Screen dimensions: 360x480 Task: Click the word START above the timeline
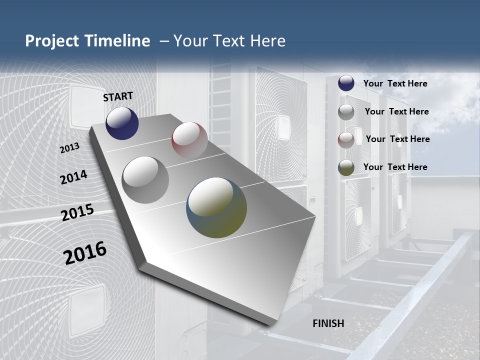(x=118, y=96)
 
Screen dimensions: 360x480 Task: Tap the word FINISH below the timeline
(x=328, y=323)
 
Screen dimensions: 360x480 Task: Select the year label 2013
(x=69, y=148)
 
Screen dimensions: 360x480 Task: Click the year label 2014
(x=73, y=177)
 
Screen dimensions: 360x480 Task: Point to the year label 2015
(x=77, y=212)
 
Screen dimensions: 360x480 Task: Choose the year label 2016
(x=85, y=253)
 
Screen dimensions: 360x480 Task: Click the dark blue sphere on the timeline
(x=122, y=123)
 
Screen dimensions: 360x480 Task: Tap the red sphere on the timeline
(x=189, y=140)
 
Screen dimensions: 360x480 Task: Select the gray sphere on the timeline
(x=145, y=180)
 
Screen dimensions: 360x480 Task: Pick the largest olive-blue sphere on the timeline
(x=216, y=207)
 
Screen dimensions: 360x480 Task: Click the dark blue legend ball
(x=346, y=83)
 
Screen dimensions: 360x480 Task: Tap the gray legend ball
(x=346, y=112)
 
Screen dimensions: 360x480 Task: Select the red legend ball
(x=346, y=140)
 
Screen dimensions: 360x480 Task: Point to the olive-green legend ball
(x=346, y=167)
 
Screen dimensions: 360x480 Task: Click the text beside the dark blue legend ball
(x=395, y=83)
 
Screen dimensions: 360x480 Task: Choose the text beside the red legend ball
(x=397, y=139)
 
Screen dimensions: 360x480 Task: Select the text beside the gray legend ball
(x=396, y=111)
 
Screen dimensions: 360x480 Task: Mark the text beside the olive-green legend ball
(x=395, y=167)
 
